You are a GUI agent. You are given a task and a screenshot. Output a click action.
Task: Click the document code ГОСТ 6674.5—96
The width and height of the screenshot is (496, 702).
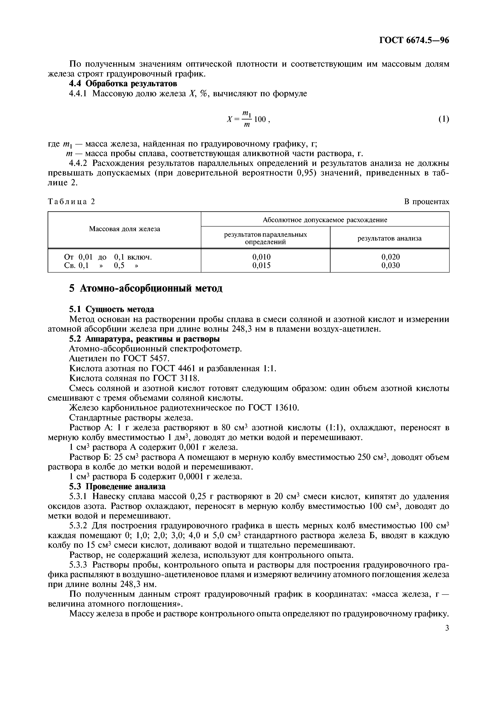[414, 40]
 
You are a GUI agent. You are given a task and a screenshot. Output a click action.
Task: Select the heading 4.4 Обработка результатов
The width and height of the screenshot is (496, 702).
[123, 83]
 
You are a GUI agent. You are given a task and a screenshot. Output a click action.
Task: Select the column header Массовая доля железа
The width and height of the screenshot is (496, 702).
[124, 229]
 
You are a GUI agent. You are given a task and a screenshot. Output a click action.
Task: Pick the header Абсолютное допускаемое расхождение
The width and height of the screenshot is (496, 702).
[325, 220]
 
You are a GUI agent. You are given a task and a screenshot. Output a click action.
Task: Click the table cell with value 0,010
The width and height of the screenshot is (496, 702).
[261, 257]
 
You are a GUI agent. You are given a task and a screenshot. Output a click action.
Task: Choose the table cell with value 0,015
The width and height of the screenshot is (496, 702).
[261, 265]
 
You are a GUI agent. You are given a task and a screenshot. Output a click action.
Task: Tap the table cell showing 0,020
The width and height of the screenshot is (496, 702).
[390, 257]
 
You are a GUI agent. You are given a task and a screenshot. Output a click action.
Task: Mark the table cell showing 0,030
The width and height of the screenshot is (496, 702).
[390, 265]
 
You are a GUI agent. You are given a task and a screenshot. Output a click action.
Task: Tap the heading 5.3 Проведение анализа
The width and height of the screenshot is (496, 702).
[117, 486]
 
